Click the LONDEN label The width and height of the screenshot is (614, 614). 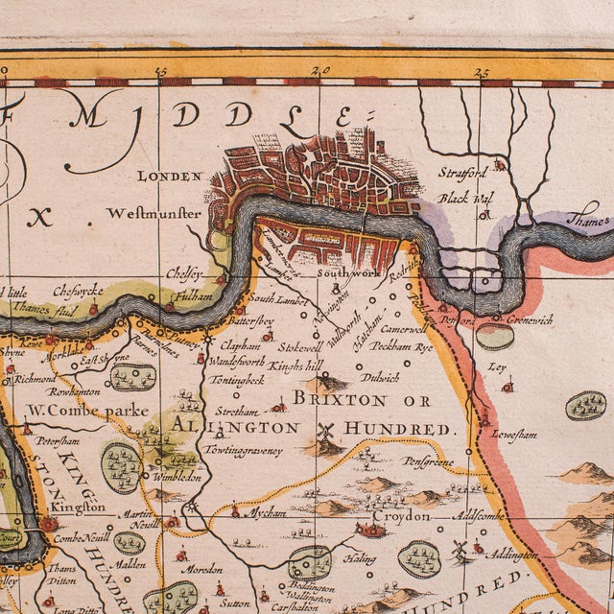point(170,177)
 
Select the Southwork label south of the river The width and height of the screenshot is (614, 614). point(349,274)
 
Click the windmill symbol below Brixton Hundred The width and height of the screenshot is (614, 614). point(324,432)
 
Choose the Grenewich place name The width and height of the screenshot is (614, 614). point(529,319)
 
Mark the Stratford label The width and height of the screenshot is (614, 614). point(463,173)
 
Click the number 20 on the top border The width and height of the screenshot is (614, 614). point(320,71)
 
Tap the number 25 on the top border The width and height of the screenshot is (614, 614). point(481,71)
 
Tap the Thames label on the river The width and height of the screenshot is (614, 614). point(585,221)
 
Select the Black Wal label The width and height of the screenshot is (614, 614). point(459,198)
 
